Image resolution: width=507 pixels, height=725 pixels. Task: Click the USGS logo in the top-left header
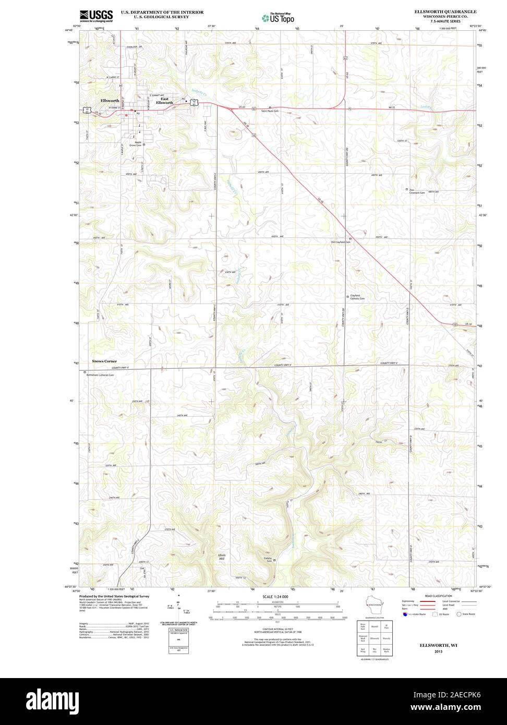pyautogui.click(x=96, y=16)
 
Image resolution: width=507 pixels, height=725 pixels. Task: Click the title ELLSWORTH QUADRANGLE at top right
pyautogui.click(x=445, y=11)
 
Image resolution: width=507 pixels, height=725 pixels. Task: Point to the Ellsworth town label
pyautogui.click(x=110, y=100)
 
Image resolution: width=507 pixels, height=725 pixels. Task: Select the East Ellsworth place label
pyautogui.click(x=166, y=101)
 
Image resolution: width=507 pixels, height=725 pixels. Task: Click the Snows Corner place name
pyautogui.click(x=104, y=361)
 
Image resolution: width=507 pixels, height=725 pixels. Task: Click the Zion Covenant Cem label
pyautogui.click(x=417, y=191)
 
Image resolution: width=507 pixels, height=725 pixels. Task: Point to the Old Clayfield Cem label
pyautogui.click(x=341, y=242)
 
